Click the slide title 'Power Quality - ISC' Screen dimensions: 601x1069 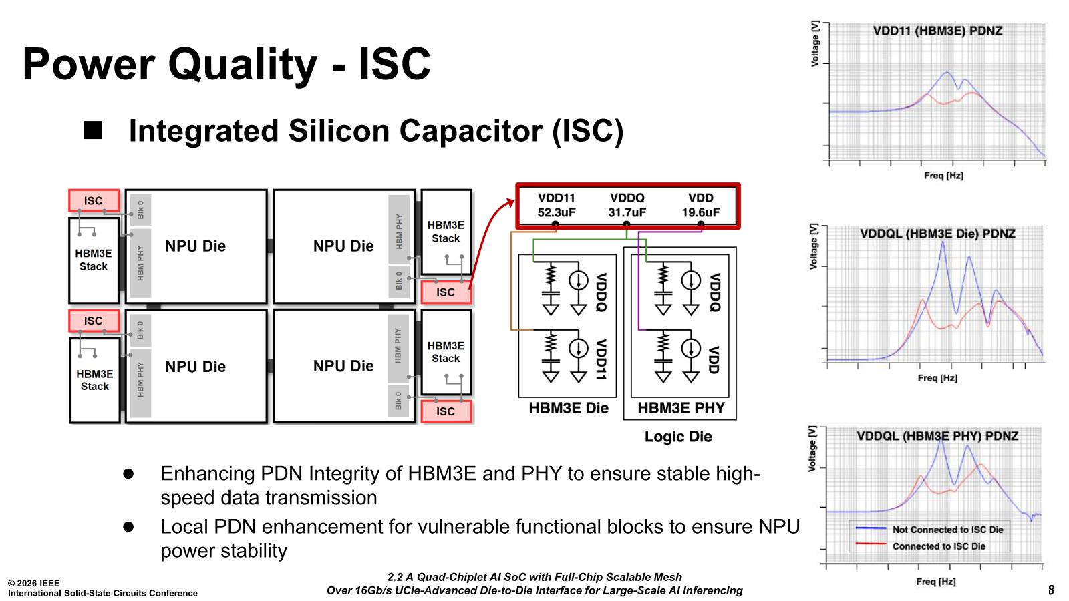coord(226,64)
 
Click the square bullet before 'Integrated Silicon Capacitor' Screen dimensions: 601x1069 coord(94,130)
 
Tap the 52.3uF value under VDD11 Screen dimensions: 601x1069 coord(557,212)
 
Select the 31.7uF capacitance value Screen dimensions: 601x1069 coord(627,212)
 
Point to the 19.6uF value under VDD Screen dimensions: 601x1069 coord(700,212)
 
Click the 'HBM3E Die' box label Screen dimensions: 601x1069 coord(569,408)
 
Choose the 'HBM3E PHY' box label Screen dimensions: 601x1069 coord(681,408)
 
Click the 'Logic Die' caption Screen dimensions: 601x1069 coord(678,437)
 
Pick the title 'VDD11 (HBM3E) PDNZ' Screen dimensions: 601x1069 coord(937,31)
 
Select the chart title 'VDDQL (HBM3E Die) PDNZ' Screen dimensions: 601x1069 coord(937,234)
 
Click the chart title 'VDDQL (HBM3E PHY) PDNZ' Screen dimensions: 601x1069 coord(937,436)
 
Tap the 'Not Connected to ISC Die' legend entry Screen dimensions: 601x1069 coord(947,530)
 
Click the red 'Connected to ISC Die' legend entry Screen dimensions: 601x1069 coord(939,546)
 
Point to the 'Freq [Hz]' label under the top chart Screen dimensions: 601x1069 coord(943,176)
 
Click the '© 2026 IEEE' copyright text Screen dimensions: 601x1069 coord(34,583)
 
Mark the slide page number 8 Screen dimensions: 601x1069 coord(1051,590)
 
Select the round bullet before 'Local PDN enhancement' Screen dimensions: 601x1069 coord(128,526)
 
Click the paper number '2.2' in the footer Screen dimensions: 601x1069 coord(397,577)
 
